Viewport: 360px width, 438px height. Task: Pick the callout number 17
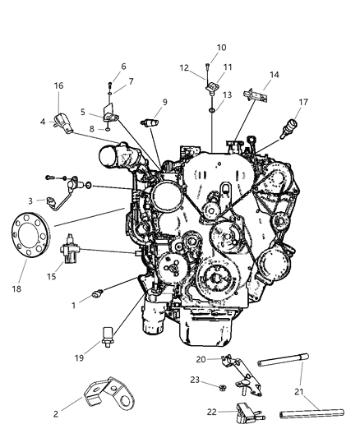303,102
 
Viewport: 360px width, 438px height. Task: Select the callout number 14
275,75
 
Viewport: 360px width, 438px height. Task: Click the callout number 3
31,200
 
